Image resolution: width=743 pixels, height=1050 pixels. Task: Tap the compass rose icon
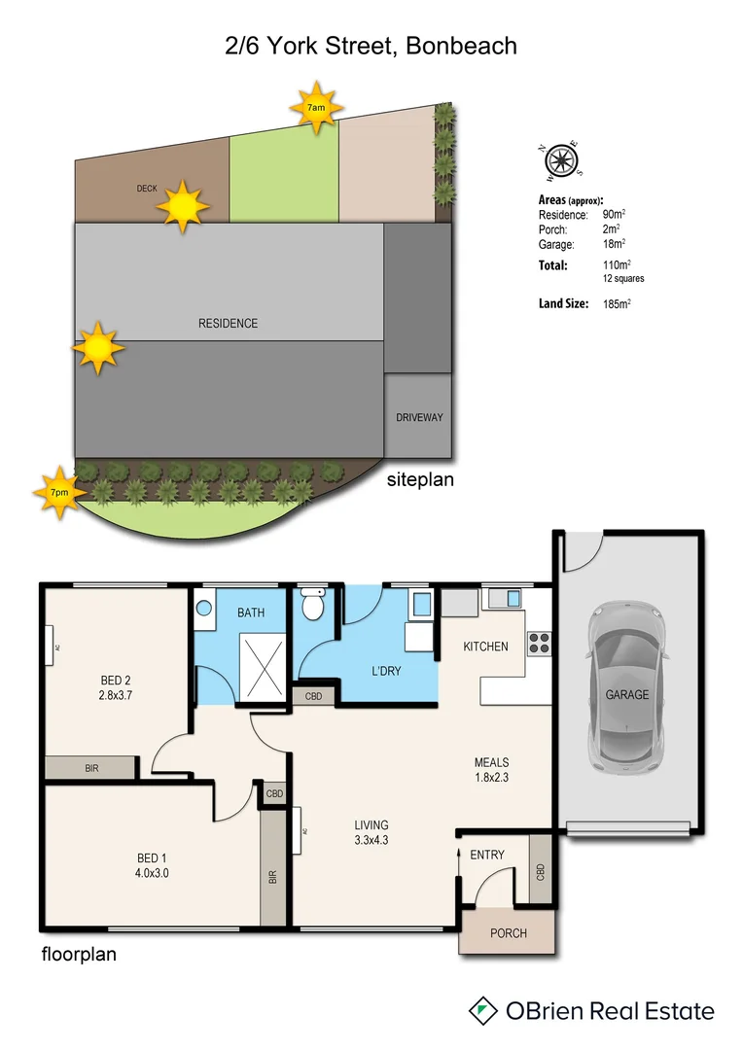561,160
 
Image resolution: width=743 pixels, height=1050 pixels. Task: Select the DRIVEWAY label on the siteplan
419,417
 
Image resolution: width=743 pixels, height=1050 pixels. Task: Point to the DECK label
147,189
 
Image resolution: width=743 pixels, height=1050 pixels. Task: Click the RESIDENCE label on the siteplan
229,323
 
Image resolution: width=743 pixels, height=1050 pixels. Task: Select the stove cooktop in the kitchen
539,642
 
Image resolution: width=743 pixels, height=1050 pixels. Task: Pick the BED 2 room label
116,680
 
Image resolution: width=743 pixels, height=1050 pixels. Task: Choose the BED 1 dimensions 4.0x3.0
152,872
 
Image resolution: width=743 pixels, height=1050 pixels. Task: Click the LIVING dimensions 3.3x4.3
371,841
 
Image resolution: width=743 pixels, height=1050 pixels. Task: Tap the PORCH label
508,933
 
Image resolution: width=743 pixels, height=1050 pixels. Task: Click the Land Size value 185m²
617,304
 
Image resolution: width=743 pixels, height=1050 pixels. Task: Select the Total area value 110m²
617,264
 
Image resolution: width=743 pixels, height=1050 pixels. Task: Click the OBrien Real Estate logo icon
481,1010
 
